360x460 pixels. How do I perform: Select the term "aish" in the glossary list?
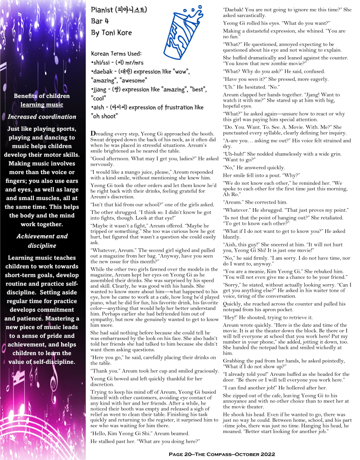101,108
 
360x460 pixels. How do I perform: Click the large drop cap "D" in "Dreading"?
93,134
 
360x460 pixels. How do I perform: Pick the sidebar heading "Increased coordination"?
42,117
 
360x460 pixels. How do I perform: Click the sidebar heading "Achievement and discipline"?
42,241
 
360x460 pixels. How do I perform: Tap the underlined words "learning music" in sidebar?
42,105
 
